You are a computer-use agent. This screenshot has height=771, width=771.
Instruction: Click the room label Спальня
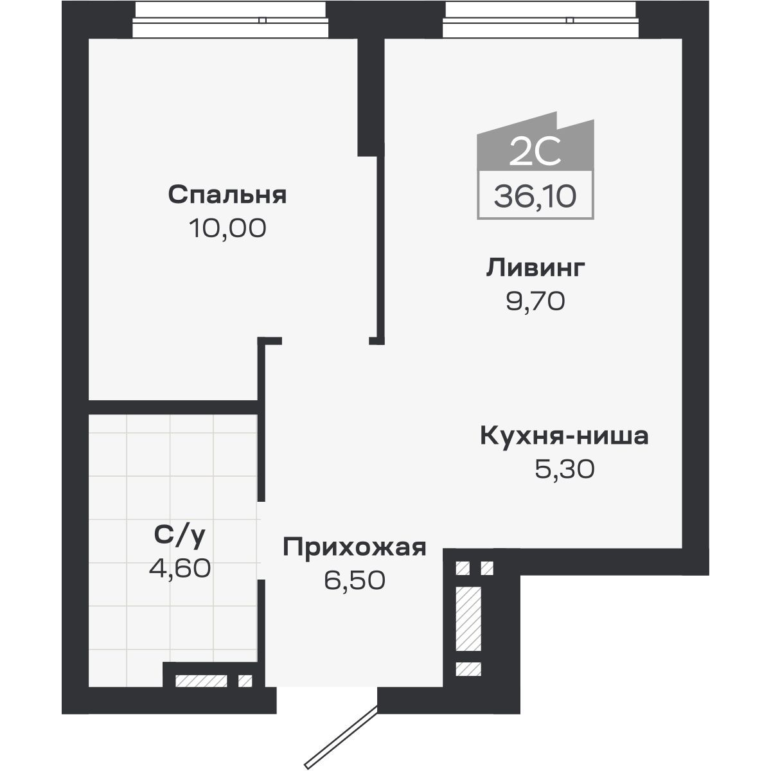227,195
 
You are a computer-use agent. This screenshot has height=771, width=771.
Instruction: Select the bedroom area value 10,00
227,228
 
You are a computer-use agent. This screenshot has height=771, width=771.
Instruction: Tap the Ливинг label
535,268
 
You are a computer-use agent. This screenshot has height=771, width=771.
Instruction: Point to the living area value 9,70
535,301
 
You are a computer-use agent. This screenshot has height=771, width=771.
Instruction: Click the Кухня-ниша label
564,436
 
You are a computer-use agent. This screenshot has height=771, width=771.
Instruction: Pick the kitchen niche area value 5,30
564,470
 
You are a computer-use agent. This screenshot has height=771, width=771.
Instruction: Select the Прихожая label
355,547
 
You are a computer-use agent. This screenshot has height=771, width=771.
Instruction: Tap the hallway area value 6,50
355,581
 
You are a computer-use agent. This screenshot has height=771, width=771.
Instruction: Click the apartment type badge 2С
535,152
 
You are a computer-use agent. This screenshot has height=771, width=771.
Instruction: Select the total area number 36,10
535,195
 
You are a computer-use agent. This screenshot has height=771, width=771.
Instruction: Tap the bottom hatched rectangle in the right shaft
468,669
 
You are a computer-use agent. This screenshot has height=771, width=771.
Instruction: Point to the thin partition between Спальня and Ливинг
379,251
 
